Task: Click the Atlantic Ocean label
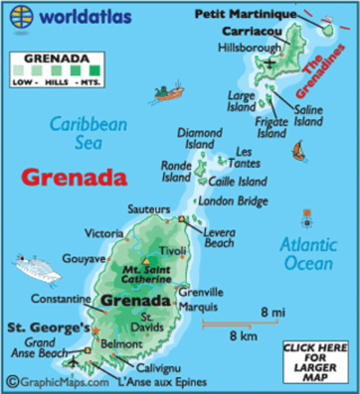coord(308,253)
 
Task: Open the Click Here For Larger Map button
coord(316,362)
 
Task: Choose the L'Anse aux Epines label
coord(165,383)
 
